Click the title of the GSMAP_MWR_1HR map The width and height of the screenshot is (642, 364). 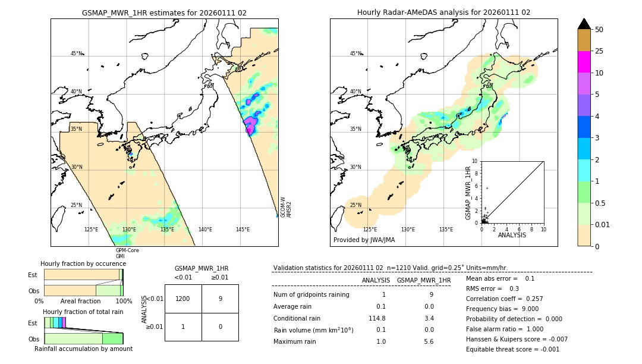coord(164,12)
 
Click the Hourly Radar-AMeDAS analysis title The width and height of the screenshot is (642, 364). coord(443,12)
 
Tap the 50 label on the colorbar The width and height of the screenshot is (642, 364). coord(600,30)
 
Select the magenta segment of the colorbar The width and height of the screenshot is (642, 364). coord(584,62)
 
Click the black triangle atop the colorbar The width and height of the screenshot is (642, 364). coord(584,24)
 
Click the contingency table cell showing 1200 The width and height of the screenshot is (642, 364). coord(183,299)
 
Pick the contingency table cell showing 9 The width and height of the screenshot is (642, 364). coord(220,299)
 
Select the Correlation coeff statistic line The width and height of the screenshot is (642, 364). coord(504,299)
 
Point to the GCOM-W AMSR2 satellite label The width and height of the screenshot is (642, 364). coord(286,207)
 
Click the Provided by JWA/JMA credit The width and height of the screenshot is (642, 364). coord(364,240)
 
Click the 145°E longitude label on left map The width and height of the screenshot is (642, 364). coord(243,230)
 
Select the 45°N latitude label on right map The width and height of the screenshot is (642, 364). coord(355,54)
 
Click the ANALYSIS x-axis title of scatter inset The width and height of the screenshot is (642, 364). coord(512,235)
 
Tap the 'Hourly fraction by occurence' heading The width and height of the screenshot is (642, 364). coord(83,263)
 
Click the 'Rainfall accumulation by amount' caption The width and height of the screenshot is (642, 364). coord(83,349)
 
